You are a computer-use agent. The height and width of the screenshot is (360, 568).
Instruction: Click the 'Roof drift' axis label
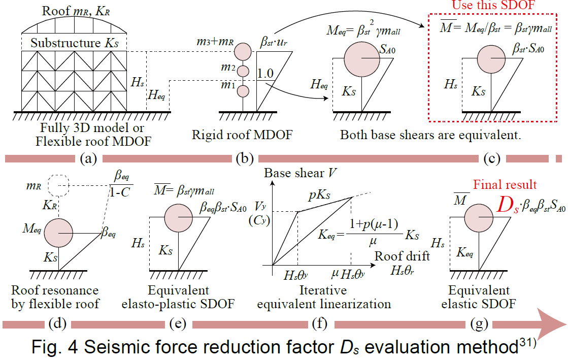pos(403,256)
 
